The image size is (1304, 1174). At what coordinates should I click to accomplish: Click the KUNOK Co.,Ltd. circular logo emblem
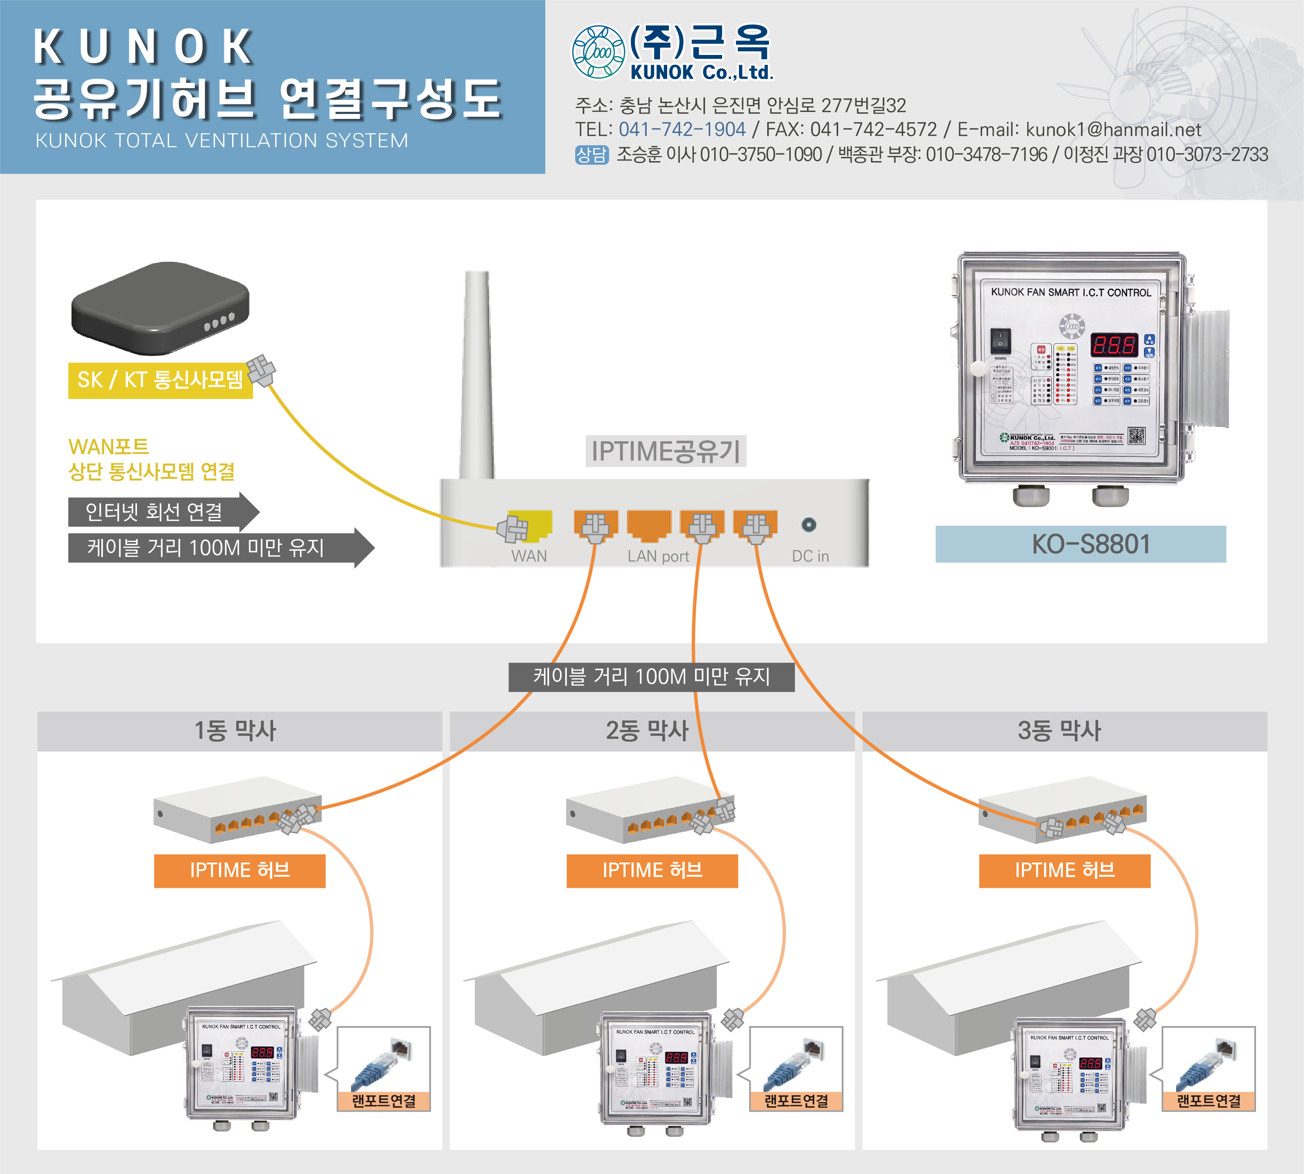[x=598, y=52]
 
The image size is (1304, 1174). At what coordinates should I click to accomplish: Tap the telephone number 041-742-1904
[x=682, y=130]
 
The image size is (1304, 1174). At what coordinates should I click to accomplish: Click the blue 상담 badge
[x=591, y=155]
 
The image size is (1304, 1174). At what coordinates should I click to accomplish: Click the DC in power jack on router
[x=809, y=525]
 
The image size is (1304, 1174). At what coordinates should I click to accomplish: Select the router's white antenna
[x=478, y=374]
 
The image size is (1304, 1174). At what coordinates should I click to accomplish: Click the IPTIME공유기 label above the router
[x=666, y=451]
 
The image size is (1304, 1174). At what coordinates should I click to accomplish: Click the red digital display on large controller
[x=1114, y=345]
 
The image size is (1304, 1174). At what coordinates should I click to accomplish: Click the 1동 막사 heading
[x=235, y=731]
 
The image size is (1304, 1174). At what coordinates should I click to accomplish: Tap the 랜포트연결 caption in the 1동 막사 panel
[x=384, y=1101]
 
